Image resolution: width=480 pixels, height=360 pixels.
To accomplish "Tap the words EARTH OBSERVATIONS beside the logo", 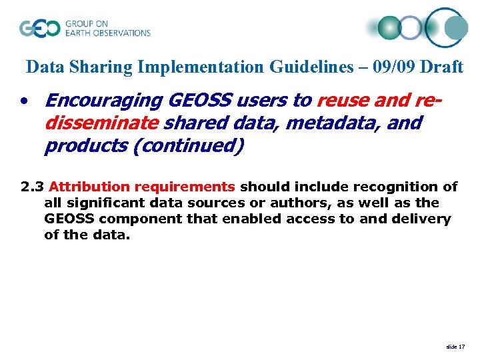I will point(107,33).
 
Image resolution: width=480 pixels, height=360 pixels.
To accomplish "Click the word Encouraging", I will point(103,101).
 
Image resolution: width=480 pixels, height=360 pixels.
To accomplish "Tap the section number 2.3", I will point(32,187).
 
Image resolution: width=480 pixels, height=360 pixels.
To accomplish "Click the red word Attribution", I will point(90,187).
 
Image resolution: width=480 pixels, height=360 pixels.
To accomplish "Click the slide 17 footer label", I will point(456,347).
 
